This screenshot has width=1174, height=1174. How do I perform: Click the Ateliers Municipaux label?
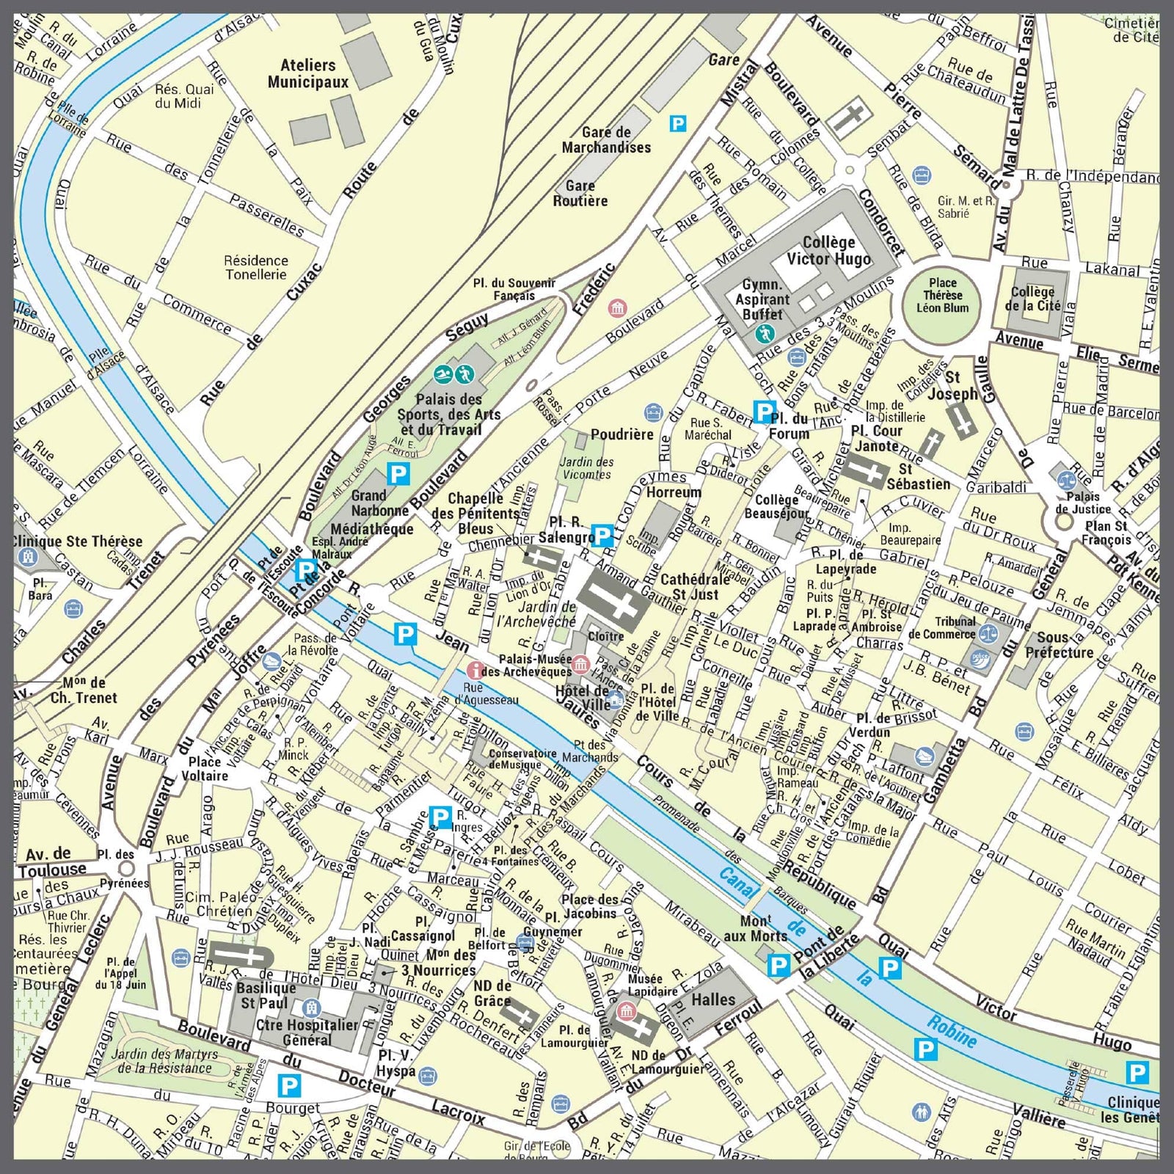[307, 73]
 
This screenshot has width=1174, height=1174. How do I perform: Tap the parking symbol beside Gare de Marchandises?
[678, 123]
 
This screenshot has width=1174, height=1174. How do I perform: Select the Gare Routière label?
[580, 193]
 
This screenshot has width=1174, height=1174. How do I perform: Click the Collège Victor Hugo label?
[828, 250]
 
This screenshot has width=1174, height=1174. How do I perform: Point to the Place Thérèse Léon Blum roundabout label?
[942, 295]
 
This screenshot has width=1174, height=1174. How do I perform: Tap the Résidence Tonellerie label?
[255, 267]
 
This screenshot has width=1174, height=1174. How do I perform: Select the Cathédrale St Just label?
[695, 586]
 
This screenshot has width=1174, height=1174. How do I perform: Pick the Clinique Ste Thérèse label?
[77, 542]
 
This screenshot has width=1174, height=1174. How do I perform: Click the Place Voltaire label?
[205, 768]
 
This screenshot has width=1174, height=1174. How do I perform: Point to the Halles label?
[713, 999]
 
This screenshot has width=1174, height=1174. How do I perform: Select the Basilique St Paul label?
[267, 995]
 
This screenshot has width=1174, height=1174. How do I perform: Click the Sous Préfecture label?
[1059, 645]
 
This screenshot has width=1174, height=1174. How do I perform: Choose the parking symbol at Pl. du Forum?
[764, 411]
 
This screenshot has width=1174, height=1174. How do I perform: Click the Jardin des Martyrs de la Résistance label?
[164, 1061]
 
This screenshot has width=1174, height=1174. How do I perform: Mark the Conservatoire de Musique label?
[522, 759]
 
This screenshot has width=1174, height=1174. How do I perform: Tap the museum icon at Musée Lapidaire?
[626, 1012]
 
